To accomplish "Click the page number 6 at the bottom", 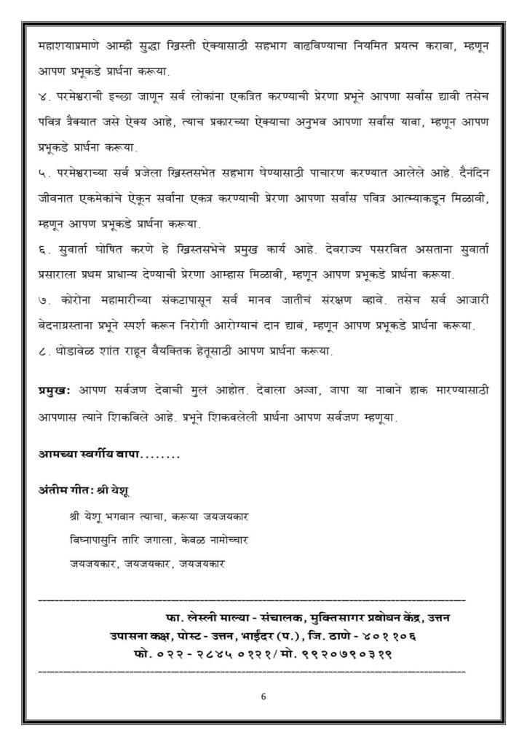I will [263, 696].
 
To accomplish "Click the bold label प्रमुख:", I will [53, 391].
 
